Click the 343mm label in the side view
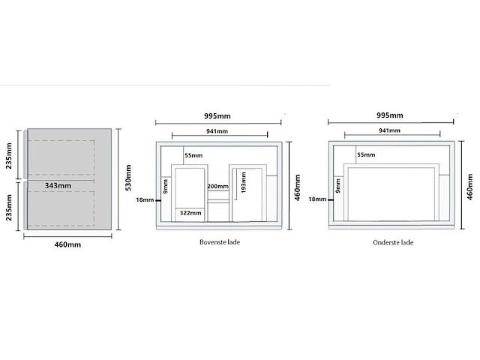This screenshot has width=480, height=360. (x=58, y=185)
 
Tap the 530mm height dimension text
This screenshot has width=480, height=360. (x=128, y=178)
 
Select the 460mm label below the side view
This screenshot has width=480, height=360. (x=67, y=244)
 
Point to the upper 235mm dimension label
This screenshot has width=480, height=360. (x=9, y=155)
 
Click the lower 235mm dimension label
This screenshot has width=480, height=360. (x=9, y=207)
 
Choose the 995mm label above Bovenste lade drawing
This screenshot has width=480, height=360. (x=217, y=116)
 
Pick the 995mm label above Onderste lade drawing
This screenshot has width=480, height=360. (x=390, y=115)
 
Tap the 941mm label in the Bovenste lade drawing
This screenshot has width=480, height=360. (x=217, y=131)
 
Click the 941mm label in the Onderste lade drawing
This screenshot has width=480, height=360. (x=389, y=130)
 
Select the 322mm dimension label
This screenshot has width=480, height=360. (x=190, y=213)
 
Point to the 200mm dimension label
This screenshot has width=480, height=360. (x=218, y=186)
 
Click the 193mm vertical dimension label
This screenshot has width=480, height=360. (x=244, y=182)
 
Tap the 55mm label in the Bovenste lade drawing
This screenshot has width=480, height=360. (x=193, y=155)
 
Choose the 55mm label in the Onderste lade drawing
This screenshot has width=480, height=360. (x=366, y=155)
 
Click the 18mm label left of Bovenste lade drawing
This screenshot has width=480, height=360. (x=145, y=200)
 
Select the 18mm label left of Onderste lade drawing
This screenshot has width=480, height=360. (x=317, y=199)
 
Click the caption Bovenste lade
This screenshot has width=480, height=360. (x=220, y=242)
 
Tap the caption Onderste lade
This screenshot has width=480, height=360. (x=393, y=242)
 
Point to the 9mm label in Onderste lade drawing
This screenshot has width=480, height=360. (x=338, y=186)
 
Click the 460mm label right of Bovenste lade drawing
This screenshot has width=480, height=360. (x=297, y=187)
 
